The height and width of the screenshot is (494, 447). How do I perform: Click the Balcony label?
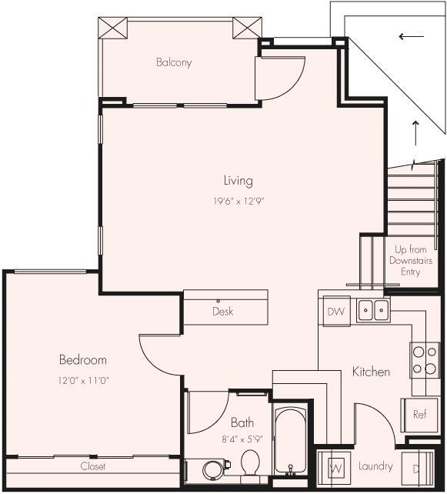click(173, 62)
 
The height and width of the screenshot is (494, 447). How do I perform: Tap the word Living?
click(238, 181)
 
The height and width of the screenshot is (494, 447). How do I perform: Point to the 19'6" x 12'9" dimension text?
click(239, 201)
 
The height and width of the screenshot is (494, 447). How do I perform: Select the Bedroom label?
click(82, 359)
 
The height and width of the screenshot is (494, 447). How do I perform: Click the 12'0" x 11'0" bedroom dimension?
click(83, 380)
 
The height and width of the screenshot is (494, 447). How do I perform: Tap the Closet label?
click(92, 466)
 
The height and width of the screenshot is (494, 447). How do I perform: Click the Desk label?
click(222, 312)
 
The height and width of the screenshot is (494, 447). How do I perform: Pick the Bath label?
click(242, 422)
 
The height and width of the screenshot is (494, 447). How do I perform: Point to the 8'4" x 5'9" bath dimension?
click(242, 441)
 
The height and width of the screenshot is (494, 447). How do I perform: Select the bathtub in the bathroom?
click(290, 442)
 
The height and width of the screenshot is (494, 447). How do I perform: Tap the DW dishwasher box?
click(335, 312)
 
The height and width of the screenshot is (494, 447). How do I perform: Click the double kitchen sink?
click(372, 310)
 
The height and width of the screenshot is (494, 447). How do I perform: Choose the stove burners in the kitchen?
click(424, 359)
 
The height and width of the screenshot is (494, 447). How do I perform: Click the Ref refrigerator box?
click(419, 414)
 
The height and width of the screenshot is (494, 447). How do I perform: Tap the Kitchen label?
click(371, 372)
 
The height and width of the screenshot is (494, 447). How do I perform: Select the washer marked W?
click(335, 467)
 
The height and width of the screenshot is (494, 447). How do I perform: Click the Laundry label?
click(375, 466)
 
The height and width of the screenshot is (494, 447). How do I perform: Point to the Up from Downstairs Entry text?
click(411, 261)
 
